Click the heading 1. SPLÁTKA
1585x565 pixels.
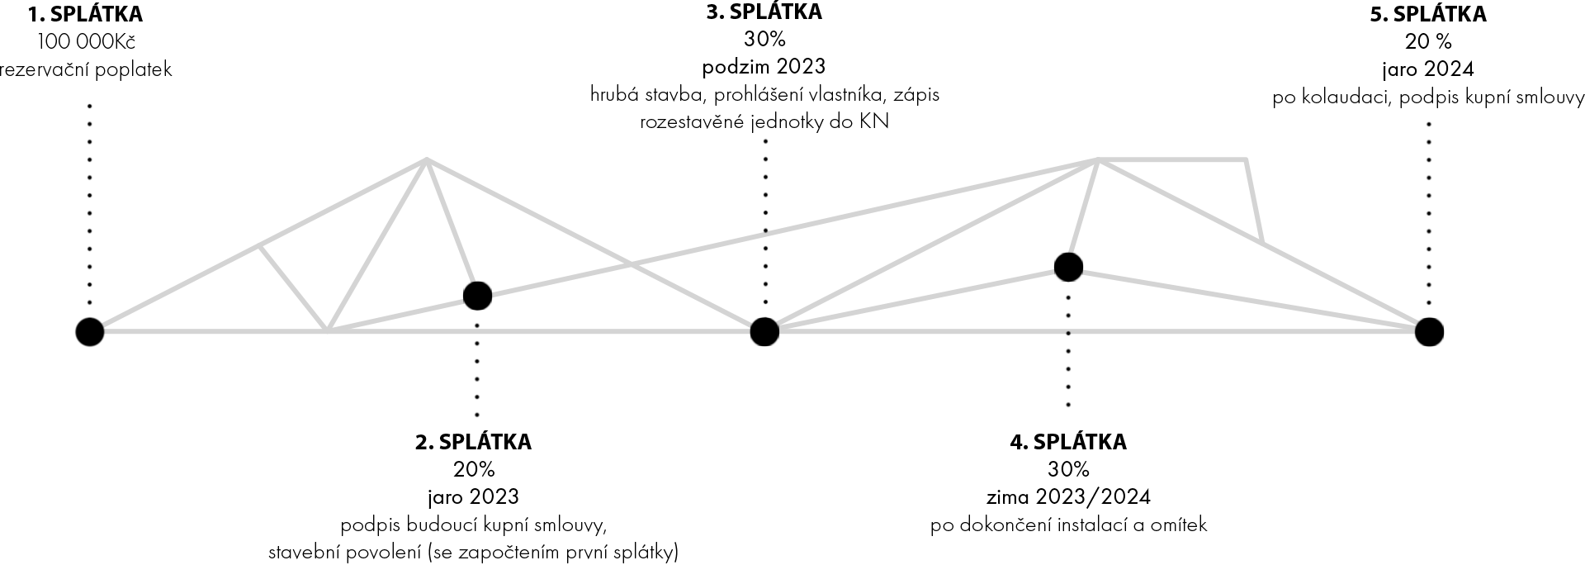85,14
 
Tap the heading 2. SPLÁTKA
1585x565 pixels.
473,442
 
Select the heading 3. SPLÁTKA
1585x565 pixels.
764,12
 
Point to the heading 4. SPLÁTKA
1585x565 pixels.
1068,442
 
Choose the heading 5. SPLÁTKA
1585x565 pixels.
1428,14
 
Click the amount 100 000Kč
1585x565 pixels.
86,42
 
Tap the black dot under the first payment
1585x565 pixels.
90,332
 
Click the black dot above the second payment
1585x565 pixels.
477,296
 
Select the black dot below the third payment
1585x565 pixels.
764,332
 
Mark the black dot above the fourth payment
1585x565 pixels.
1068,267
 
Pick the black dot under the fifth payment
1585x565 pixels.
1429,332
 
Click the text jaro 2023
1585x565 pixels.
473,497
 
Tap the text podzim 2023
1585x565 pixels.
764,66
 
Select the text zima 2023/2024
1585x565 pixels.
1068,497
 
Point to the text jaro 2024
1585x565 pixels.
1428,69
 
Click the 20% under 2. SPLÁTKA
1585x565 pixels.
474,469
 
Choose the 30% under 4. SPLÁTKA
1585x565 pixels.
1068,469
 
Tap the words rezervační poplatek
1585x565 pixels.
86,69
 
